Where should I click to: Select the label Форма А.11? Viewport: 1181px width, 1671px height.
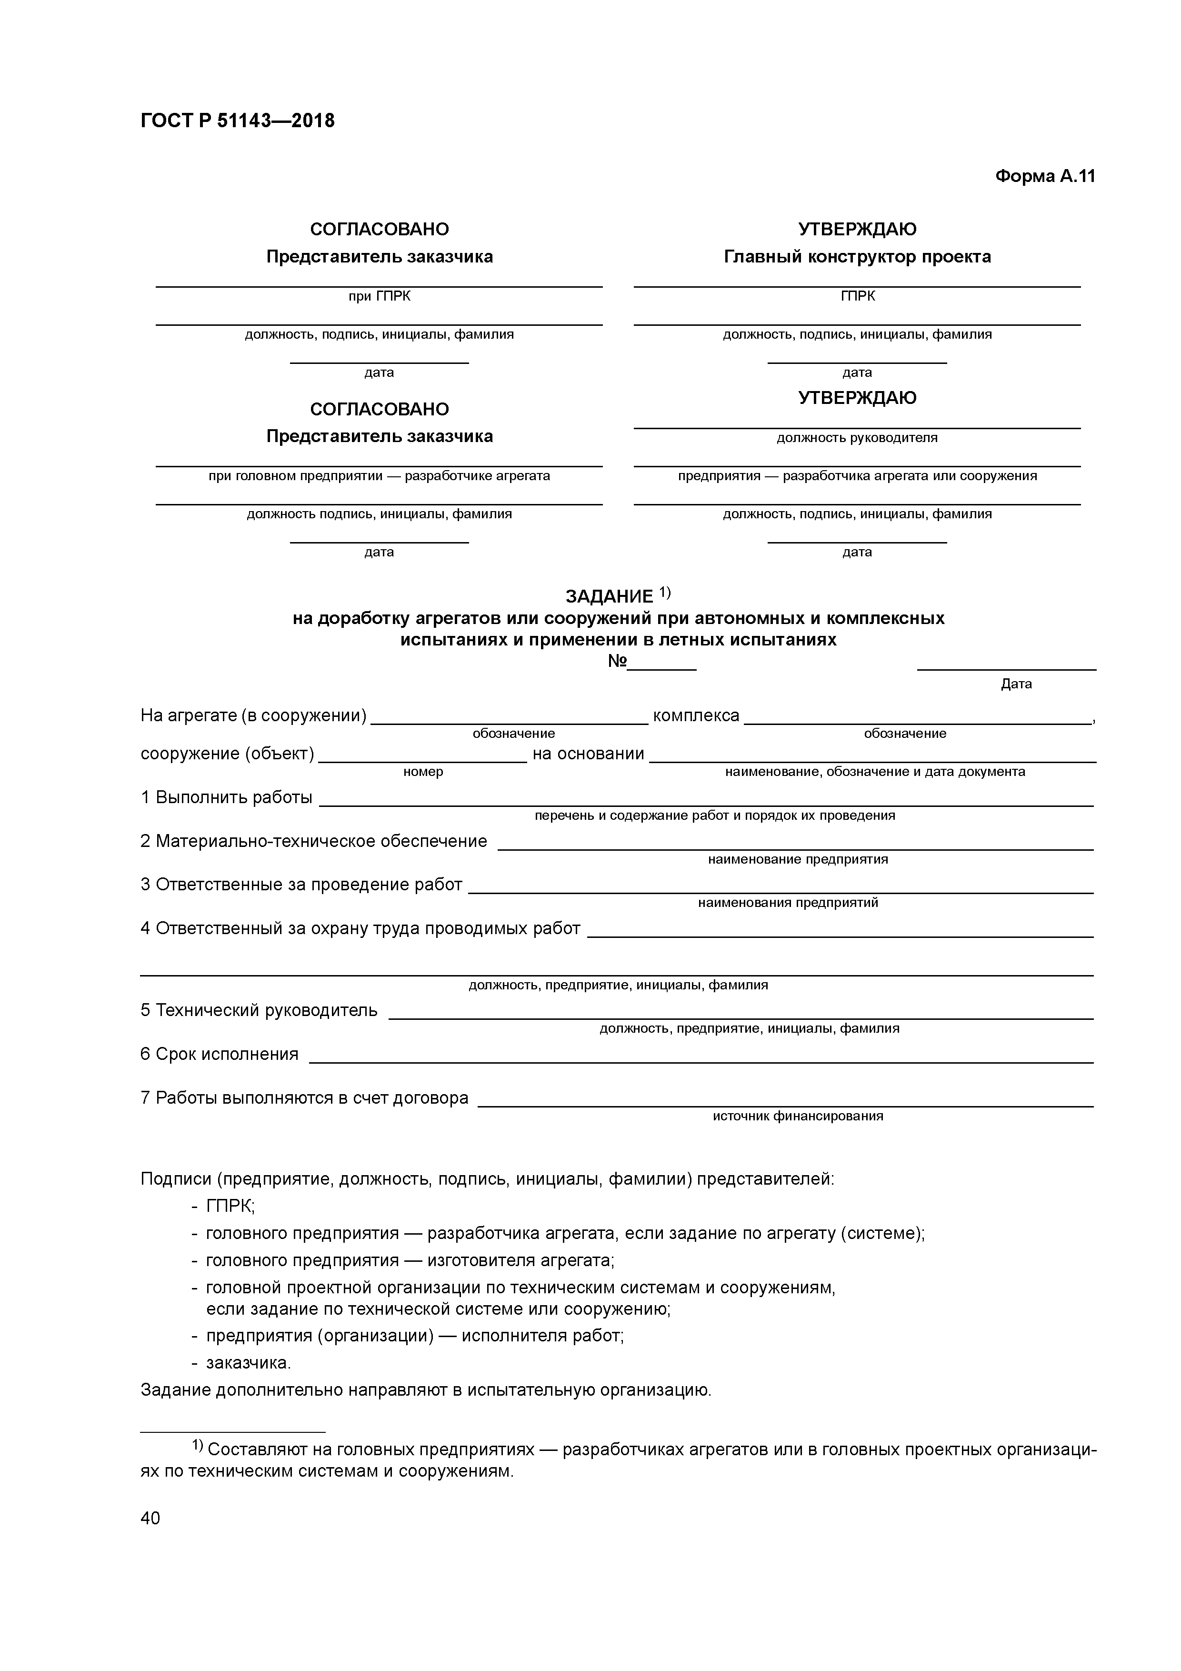(x=1044, y=176)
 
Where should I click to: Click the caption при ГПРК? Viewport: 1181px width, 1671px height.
(x=379, y=296)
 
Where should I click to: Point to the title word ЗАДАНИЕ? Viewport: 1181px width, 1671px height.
(x=609, y=597)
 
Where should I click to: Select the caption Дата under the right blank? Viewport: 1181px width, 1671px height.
(x=1016, y=684)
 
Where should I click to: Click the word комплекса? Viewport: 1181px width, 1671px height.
(x=696, y=715)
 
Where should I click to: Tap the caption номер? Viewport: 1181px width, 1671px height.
(x=423, y=772)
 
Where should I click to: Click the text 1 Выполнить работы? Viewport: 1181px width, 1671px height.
(x=226, y=798)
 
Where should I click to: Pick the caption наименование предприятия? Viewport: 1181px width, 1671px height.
(x=798, y=859)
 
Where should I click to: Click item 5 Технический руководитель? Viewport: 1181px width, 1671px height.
(x=259, y=1010)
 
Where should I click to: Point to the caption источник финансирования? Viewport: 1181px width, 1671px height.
(x=798, y=1116)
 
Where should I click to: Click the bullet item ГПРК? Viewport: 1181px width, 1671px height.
(x=230, y=1206)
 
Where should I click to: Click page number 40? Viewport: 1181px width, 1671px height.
(x=150, y=1518)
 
